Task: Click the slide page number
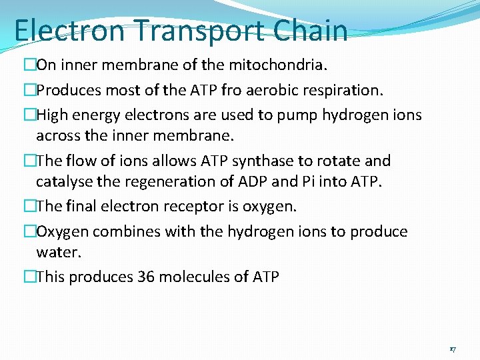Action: [453, 349]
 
